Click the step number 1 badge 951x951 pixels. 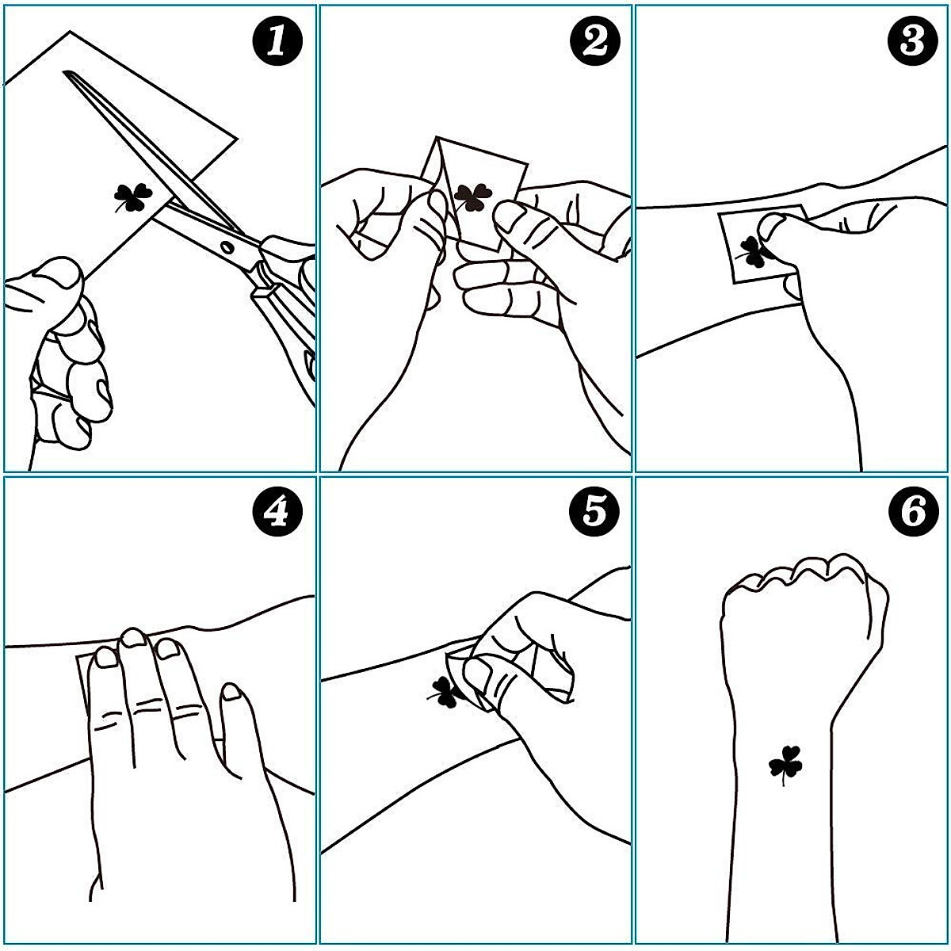point(277,40)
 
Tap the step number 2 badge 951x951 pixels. point(594,40)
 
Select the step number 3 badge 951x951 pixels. point(912,40)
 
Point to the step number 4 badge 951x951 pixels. point(277,512)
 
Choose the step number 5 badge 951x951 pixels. point(594,512)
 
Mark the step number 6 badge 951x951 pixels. point(912,512)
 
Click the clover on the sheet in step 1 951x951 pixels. point(132,197)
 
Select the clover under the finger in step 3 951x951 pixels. point(754,252)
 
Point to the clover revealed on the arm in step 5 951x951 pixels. point(446,693)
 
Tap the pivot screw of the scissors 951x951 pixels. point(227,246)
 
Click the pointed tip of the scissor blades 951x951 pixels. point(65,73)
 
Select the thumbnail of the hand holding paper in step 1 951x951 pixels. point(62,274)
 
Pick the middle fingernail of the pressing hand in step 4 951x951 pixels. point(133,637)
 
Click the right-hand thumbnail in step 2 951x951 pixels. point(508,218)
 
